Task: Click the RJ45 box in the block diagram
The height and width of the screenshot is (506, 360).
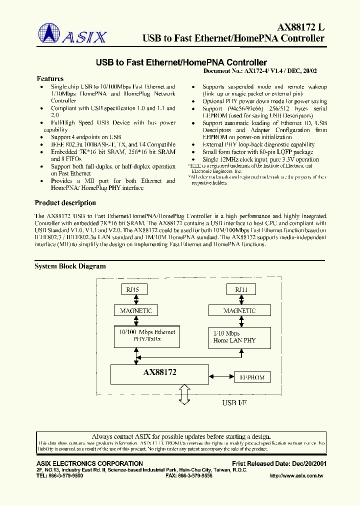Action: coord(132,289)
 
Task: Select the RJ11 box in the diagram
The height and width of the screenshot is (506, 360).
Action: coord(241,289)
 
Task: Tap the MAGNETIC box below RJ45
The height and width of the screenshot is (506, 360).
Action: coord(136,310)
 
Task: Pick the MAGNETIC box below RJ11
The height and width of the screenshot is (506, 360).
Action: coord(239,310)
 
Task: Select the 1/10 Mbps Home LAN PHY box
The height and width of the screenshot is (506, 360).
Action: coord(239,337)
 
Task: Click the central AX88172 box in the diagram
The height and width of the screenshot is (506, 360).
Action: coord(159,373)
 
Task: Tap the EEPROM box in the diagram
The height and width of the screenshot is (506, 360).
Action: coord(252,377)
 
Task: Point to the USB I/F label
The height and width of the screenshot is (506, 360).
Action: coord(234,402)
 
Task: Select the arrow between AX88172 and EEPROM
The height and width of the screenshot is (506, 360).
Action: coord(221,377)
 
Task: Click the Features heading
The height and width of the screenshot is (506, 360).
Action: coord(50,79)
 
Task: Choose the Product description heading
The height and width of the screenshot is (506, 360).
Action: coord(65,203)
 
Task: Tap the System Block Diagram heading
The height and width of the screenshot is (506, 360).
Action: coord(70,266)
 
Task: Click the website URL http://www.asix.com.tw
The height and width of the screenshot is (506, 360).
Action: coord(297,475)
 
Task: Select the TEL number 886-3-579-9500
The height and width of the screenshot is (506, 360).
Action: coord(60,475)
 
